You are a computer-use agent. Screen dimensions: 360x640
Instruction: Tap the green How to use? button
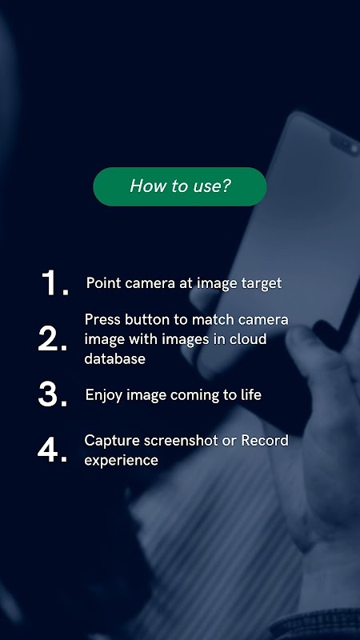(x=179, y=186)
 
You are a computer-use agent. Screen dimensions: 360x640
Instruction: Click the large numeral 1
(x=54, y=283)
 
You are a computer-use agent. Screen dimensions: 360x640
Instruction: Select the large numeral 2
(x=52, y=338)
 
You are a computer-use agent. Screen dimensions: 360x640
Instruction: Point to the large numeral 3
(x=52, y=394)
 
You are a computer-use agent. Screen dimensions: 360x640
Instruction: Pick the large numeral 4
(x=52, y=450)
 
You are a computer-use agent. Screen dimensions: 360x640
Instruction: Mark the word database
(x=114, y=358)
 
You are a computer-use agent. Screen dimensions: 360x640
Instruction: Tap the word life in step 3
(x=250, y=394)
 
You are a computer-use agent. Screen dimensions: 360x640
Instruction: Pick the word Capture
(x=108, y=441)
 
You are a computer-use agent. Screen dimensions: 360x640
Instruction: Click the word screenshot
(x=177, y=441)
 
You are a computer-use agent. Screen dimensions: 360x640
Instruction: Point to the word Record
(x=265, y=441)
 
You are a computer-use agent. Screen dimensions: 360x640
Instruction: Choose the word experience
(x=122, y=461)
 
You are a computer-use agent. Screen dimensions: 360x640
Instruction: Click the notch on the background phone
(x=345, y=144)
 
